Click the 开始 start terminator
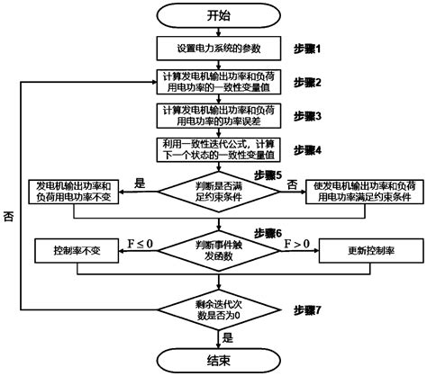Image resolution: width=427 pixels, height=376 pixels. [x=213, y=14]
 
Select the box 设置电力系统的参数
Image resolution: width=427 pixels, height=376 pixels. [x=213, y=48]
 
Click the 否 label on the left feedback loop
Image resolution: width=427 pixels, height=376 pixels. [x=8, y=218]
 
